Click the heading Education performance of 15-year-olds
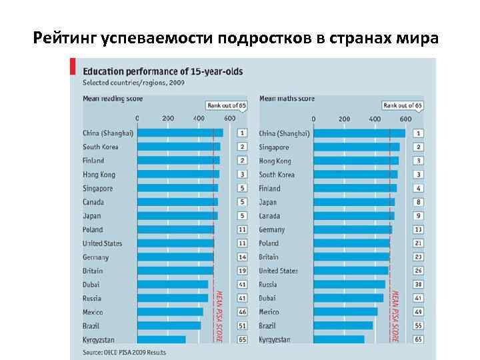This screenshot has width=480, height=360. tap(163, 71)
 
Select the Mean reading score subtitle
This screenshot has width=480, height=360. tap(112, 99)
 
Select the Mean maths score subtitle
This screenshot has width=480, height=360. tap(287, 99)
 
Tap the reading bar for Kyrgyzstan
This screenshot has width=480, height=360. tap(161, 339)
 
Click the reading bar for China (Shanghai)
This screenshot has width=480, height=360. tap(180, 133)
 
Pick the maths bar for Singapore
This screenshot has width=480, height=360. tap(356, 147)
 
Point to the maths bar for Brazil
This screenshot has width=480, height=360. tap(343, 325)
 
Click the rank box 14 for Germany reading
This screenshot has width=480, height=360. tap(242, 257)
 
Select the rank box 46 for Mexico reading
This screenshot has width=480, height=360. tap(242, 312)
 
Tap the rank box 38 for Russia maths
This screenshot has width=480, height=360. tap(418, 284)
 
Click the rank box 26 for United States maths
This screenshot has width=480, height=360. tap(418, 271)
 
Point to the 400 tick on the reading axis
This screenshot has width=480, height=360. tap(199, 119)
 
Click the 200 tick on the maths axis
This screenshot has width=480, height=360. tap(344, 119)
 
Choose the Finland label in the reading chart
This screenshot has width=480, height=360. tap(93, 161)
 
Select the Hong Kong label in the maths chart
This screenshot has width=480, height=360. tap(275, 161)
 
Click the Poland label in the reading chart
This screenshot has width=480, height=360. tap(93, 229)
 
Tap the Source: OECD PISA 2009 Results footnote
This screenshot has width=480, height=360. tap(124, 351)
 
